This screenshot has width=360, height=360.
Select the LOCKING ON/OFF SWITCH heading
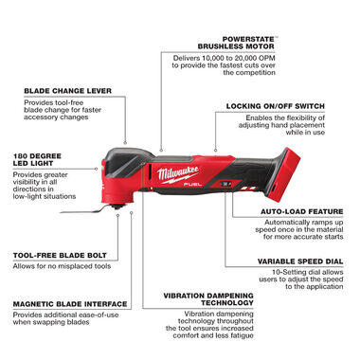click(282, 106)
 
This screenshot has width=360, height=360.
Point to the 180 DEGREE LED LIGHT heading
click(34, 157)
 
